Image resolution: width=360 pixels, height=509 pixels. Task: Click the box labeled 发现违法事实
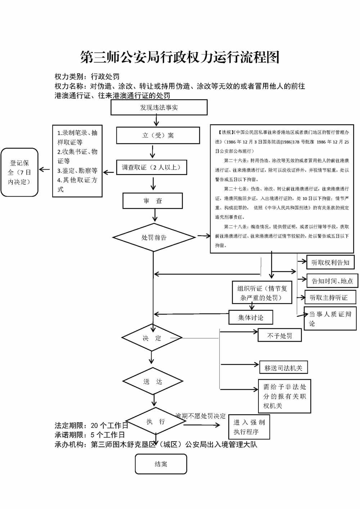pos(159,108)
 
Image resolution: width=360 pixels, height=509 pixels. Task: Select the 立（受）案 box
pos(158,135)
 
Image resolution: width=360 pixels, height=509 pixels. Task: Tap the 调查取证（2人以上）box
pos(151,167)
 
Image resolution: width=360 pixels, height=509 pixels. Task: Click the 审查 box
pos(153,201)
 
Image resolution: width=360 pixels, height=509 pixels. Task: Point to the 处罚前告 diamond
pos(154,238)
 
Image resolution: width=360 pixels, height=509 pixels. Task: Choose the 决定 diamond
pos(152,338)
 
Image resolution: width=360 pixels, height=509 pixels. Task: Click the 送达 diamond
pos(153,381)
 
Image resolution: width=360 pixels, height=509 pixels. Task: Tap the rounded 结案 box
pos(161,464)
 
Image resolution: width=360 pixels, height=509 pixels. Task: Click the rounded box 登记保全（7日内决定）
pos(19,172)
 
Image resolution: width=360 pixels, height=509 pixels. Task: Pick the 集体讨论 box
pos(251,317)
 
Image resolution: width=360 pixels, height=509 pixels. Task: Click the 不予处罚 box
pos(279,335)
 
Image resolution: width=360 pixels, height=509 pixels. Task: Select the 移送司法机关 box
pos(283,368)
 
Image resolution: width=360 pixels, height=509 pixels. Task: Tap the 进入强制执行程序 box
pos(249,427)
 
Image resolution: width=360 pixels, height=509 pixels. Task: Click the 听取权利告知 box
pos(330,262)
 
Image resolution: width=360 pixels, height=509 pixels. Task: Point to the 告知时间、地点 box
pos(332,281)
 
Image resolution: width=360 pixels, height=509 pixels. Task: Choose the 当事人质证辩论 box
pos(330,319)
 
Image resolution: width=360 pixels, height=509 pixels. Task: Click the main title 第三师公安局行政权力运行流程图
pos(180,57)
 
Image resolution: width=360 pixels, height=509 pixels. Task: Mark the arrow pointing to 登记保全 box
pos(45,170)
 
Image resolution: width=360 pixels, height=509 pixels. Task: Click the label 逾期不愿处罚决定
pos(201,416)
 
